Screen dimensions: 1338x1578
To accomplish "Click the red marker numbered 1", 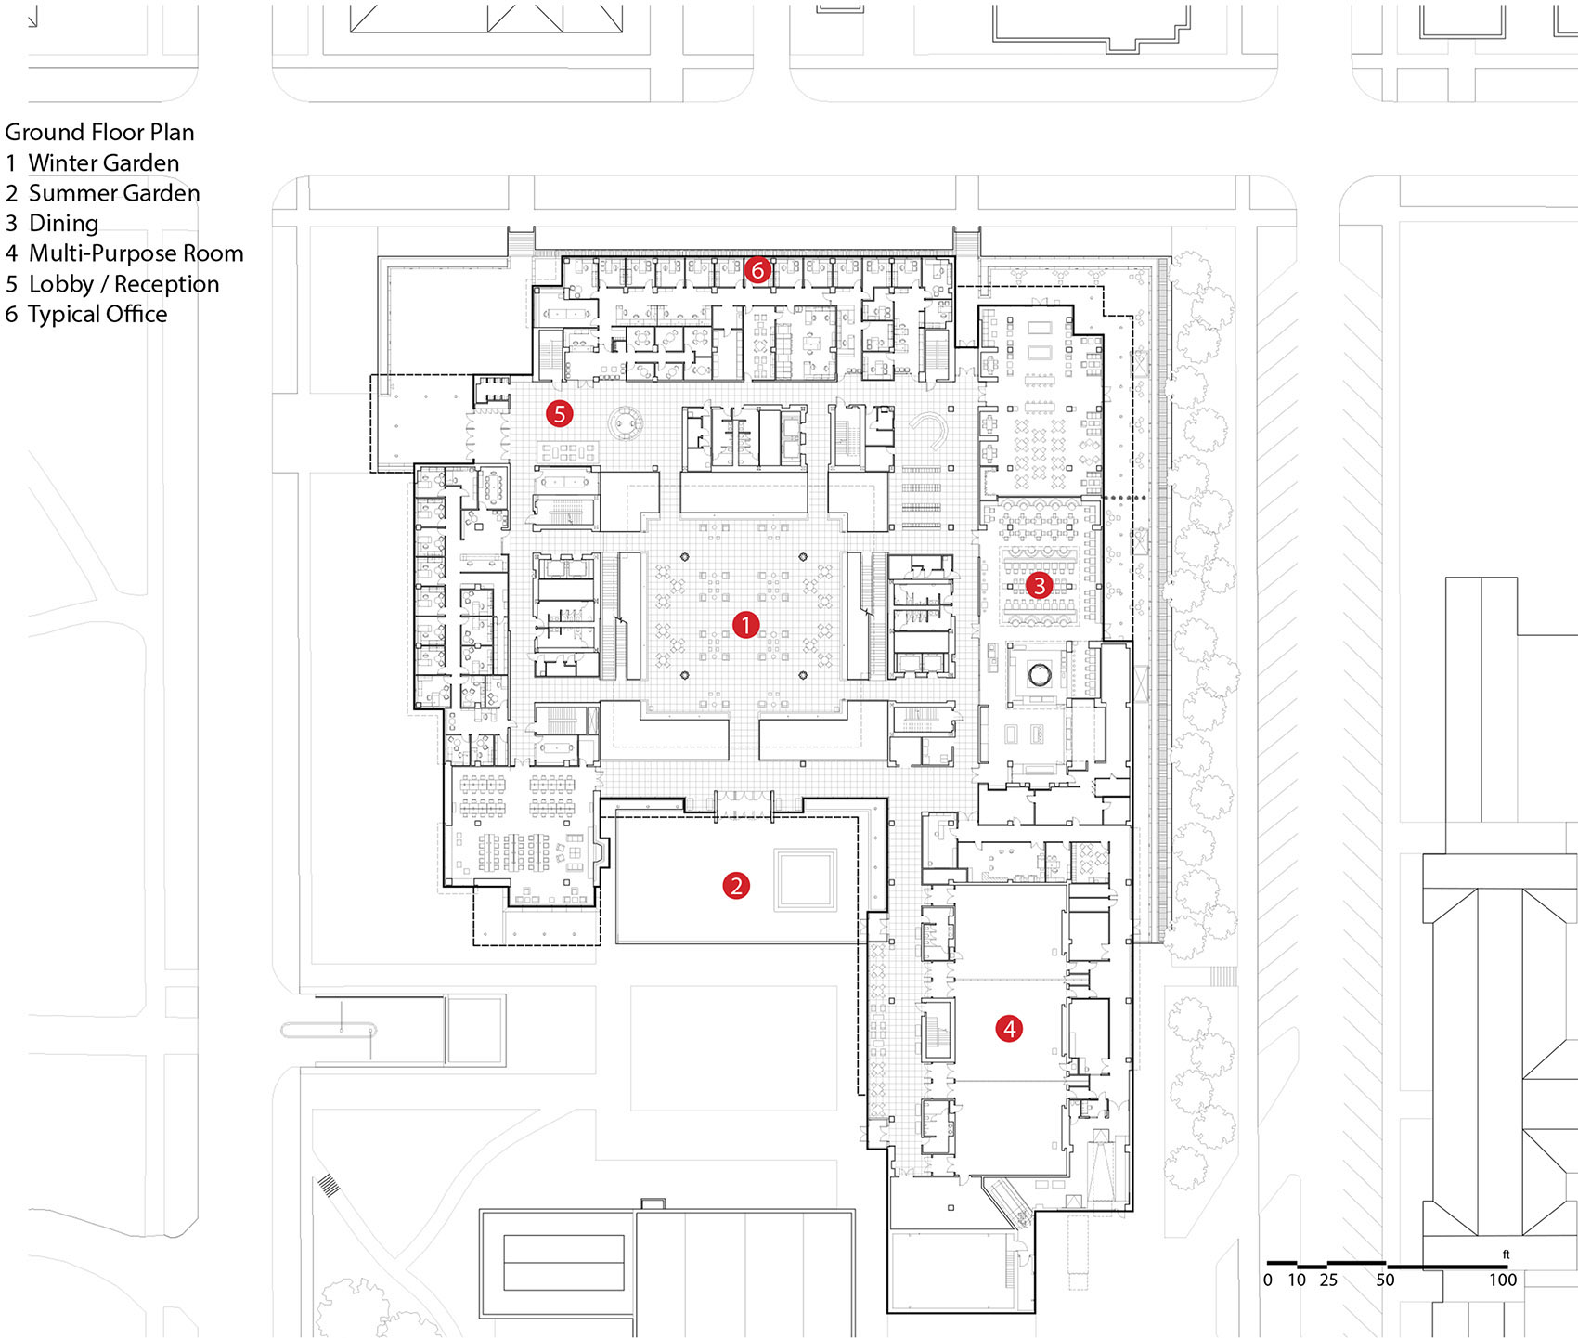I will pos(745,625).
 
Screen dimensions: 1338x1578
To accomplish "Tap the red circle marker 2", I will pos(736,886).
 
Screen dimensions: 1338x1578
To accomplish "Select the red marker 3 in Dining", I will pos(1039,585).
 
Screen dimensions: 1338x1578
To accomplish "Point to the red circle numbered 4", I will pos(1009,1028).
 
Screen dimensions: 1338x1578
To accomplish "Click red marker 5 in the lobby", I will pos(559,413).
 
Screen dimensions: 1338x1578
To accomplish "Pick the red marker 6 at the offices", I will pos(757,270).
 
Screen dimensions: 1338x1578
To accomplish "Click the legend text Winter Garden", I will pos(103,163).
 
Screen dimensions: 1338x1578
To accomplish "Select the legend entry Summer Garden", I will pos(113,193).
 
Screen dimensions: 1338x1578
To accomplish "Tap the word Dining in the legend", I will pos(63,224).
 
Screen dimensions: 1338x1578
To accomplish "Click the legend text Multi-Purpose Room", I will pos(136,253).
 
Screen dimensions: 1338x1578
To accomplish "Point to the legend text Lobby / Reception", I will pos(123,284).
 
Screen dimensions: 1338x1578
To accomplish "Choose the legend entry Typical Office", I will pos(97,314).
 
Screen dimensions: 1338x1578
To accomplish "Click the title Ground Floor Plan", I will pos(99,133).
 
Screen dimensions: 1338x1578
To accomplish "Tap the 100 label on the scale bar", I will pos(1502,1280).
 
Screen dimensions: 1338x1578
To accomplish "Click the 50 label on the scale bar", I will pos(1385,1280).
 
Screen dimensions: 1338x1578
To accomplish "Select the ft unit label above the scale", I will pos(1506,1254).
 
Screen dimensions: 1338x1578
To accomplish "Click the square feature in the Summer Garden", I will pos(807,879).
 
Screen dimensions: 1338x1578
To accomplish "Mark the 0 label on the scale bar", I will pos(1268,1280).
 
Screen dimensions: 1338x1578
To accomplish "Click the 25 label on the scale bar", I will pos(1328,1280).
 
